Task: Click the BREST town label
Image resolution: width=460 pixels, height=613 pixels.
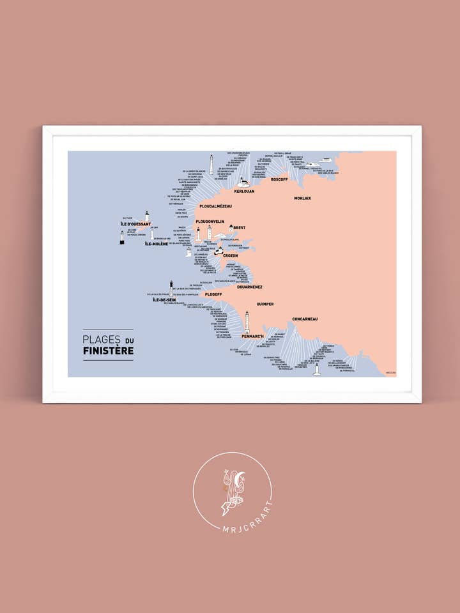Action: click(239, 228)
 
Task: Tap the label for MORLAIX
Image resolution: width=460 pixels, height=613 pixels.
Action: click(302, 199)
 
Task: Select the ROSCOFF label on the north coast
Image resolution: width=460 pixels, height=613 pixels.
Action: click(279, 179)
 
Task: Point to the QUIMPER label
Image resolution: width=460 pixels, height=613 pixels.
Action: click(264, 304)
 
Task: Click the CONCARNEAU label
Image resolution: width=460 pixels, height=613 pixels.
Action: click(305, 319)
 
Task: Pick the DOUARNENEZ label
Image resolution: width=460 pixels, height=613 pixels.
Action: click(249, 287)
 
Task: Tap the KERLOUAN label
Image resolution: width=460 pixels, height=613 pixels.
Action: click(245, 192)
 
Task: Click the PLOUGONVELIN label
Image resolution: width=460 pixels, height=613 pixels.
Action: click(210, 222)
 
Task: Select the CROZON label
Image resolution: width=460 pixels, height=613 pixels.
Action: click(230, 255)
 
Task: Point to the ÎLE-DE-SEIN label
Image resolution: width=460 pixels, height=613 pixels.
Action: click(164, 299)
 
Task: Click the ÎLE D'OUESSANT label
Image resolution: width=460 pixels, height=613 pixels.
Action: click(135, 224)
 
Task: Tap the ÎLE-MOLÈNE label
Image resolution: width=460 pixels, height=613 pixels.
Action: click(157, 244)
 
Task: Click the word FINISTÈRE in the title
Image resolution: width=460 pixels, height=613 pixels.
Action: click(108, 351)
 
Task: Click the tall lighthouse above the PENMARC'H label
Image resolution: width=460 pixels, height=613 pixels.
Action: click(247, 322)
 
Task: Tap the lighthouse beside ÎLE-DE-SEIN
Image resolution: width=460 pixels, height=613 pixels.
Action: click(171, 287)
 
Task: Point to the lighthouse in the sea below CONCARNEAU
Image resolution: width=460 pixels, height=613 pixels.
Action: click(317, 369)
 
